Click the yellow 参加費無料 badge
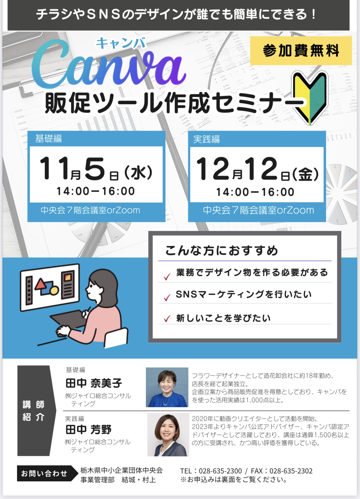pos(301,51)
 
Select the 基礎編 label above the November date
pos(48,139)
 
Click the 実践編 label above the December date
pos(206,139)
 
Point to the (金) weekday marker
pos(305,174)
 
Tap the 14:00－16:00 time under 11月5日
pos(96,191)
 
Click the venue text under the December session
pos(258,210)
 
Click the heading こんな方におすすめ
pos(222,251)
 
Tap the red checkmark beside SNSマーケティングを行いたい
pos(167,297)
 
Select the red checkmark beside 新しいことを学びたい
pos(167,319)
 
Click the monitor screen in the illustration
pos(50,287)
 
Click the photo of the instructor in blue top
pos(167,387)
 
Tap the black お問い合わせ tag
pos(47,473)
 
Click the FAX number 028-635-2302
pos(291,471)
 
